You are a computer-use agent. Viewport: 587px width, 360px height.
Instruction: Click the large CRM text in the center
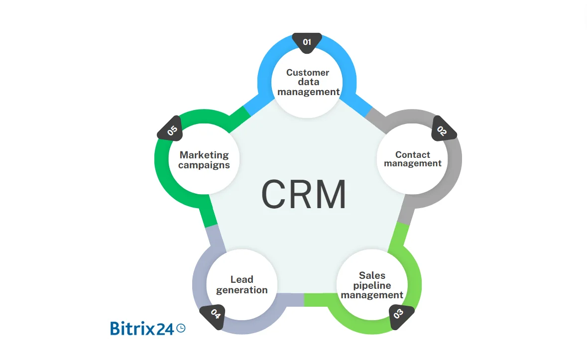click(x=304, y=195)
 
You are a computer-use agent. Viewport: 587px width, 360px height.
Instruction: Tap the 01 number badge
click(x=307, y=42)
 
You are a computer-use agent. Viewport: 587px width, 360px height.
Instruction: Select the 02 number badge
click(x=442, y=131)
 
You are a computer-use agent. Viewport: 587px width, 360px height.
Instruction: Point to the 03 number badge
click(x=398, y=314)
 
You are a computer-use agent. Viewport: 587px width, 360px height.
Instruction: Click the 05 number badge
click(x=172, y=131)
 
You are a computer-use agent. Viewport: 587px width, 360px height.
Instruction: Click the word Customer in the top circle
click(x=308, y=72)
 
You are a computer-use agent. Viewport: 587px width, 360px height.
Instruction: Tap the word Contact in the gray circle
click(x=413, y=154)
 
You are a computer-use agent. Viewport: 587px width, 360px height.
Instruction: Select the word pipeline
click(x=372, y=285)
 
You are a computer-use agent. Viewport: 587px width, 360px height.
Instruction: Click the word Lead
click(x=242, y=279)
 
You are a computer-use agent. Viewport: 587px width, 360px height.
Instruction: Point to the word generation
click(x=242, y=290)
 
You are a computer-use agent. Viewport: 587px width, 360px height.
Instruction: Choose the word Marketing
click(x=204, y=155)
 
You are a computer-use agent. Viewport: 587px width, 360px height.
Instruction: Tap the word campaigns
click(x=204, y=165)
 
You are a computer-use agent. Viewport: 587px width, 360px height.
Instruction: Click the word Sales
click(x=372, y=275)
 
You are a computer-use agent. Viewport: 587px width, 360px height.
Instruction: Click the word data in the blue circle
click(x=308, y=82)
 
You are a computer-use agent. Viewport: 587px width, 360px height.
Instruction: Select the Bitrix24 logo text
click(x=142, y=328)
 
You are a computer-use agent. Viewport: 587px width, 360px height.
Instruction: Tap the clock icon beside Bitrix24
click(x=181, y=328)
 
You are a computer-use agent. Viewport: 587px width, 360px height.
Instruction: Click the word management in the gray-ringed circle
click(x=413, y=163)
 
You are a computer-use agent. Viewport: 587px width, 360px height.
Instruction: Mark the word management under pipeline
click(x=372, y=295)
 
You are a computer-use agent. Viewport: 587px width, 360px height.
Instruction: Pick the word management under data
click(x=309, y=92)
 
